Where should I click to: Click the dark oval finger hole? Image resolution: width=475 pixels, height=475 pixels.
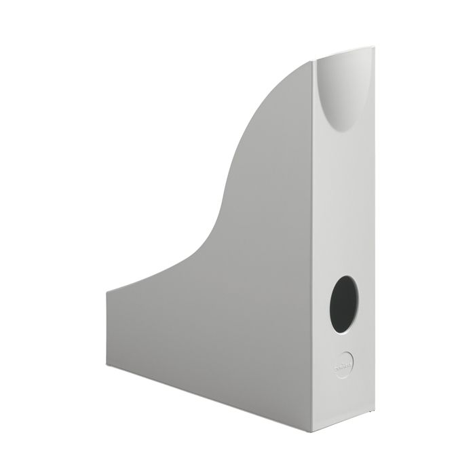pos(346,304)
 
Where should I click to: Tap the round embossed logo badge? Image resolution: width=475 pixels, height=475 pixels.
pos(345,360)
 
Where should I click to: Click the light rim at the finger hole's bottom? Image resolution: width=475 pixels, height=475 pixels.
pos(346,332)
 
